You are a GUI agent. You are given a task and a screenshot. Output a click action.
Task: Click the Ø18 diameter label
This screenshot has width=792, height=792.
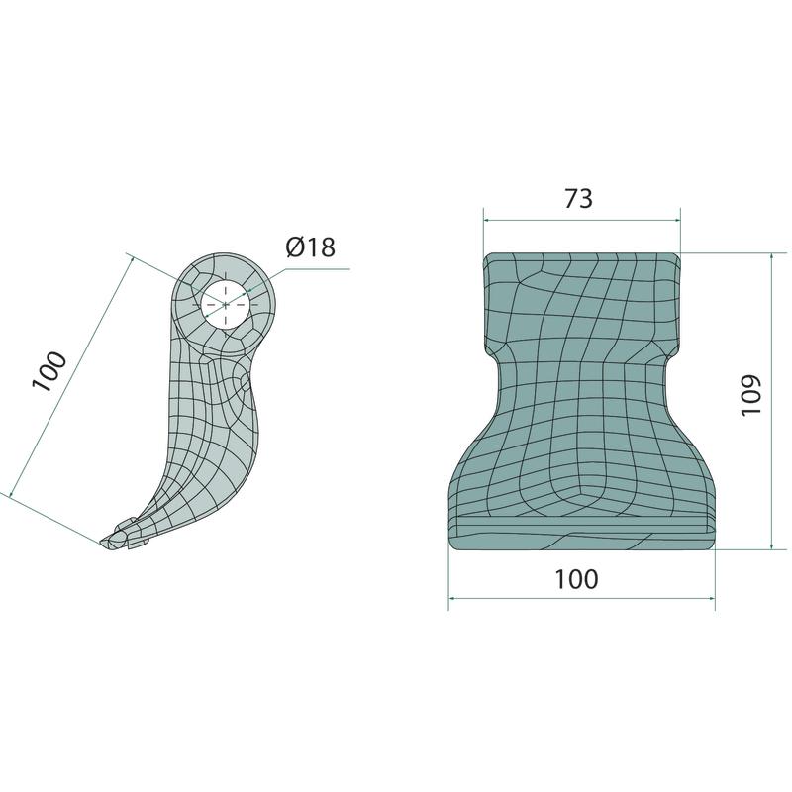tap(310, 247)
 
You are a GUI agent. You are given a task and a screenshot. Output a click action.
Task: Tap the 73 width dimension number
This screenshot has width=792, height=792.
tap(578, 199)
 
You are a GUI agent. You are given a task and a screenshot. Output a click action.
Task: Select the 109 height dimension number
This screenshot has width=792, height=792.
tap(751, 395)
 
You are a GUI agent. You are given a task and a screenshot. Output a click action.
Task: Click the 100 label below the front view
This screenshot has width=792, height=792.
tap(576, 579)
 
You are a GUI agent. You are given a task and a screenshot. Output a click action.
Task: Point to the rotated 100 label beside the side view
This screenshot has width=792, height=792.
tap(49, 371)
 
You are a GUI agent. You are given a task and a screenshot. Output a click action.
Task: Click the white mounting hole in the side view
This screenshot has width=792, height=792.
tap(225, 305)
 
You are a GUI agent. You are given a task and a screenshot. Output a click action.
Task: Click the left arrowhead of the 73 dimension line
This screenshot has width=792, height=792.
tap(487, 220)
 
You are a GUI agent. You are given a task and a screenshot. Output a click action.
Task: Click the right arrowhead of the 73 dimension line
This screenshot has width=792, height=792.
tap(676, 220)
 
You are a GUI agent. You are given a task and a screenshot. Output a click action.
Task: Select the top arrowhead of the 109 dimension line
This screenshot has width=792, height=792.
tap(771, 258)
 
